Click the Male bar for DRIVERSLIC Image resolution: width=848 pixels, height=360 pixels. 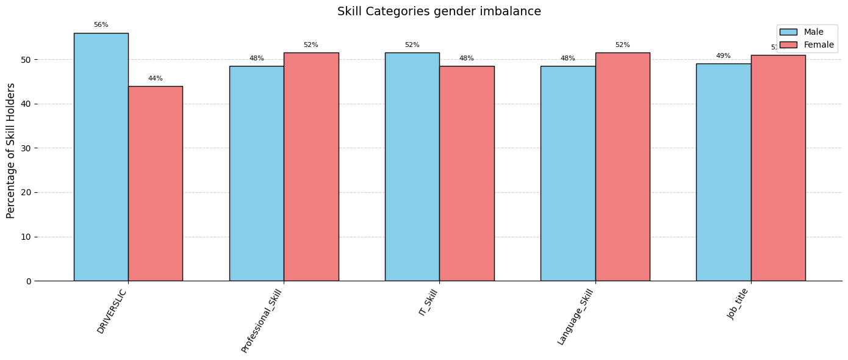[x=101, y=157]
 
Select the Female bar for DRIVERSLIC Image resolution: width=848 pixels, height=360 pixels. [x=155, y=183]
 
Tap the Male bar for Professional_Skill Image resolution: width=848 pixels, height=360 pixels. [x=256, y=173]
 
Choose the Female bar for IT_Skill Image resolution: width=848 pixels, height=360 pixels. [x=467, y=173]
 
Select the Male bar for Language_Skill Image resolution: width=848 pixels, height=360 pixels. [x=567, y=173]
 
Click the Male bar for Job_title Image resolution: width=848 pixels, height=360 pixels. [x=723, y=172]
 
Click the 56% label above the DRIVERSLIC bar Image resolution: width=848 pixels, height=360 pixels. [x=101, y=25]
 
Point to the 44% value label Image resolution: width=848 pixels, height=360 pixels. [x=155, y=79]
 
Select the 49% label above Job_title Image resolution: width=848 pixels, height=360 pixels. [x=723, y=56]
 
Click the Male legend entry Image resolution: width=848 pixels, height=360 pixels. [x=805, y=32]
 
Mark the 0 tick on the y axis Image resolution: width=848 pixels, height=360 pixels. [x=28, y=281]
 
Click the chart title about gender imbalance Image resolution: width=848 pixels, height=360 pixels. [x=439, y=12]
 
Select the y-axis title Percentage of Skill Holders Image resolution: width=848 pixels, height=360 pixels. [x=11, y=151]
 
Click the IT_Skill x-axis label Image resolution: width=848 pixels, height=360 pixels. [x=428, y=303]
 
